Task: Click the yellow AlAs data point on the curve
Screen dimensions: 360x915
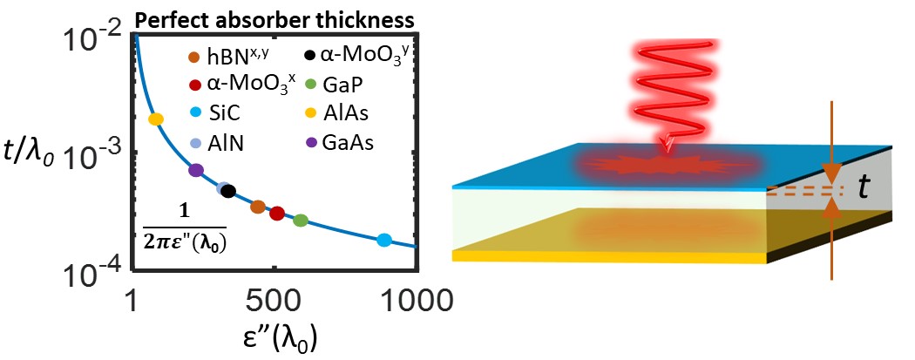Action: pyautogui.click(x=156, y=119)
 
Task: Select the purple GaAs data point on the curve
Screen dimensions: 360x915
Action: pyautogui.click(x=196, y=170)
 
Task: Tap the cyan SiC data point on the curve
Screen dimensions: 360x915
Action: pyautogui.click(x=383, y=240)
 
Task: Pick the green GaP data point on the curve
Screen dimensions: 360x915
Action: pyautogui.click(x=301, y=221)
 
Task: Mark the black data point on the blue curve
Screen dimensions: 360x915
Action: pyautogui.click(x=228, y=191)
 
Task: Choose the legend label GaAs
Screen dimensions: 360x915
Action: pyautogui.click(x=349, y=143)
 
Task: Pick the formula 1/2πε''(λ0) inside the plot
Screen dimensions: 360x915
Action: pyautogui.click(x=184, y=231)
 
